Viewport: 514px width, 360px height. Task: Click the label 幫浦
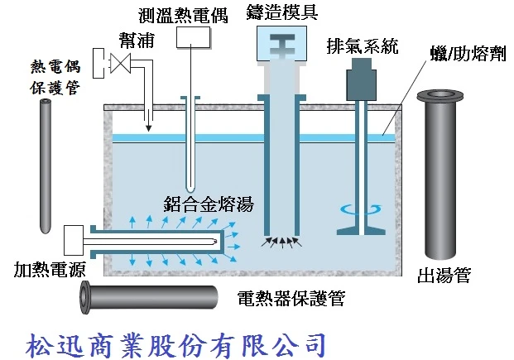(134, 41)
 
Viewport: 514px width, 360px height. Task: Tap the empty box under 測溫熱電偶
(192, 37)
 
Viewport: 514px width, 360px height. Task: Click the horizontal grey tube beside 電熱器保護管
(149, 295)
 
